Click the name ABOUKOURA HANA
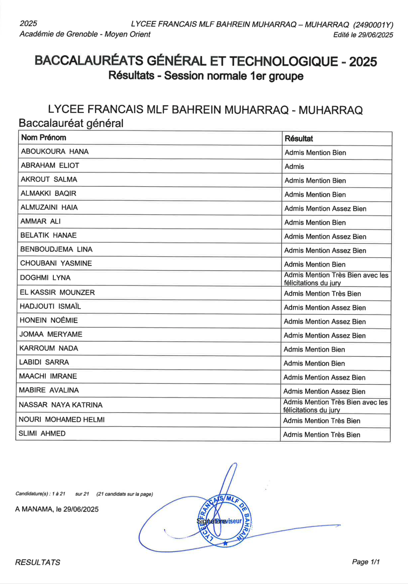pyautogui.click(x=55, y=152)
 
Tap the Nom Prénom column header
pyautogui.click(x=44, y=138)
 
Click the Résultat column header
pyautogui.click(x=298, y=139)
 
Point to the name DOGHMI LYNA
pyautogui.click(x=45, y=278)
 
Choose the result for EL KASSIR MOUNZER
pyautogui.click(x=322, y=294)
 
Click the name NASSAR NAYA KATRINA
pyautogui.click(x=61, y=405)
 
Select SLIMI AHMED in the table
pyautogui.click(x=42, y=434)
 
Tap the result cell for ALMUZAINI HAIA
pyautogui.click(x=325, y=209)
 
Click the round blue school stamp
pyautogui.click(x=225, y=521)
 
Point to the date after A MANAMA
pyautogui.click(x=81, y=509)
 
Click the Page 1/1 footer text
pyautogui.click(x=366, y=562)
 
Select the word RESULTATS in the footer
pyautogui.click(x=38, y=562)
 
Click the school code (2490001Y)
pyautogui.click(x=373, y=25)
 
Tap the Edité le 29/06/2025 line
pyautogui.click(x=363, y=35)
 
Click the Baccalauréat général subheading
pyautogui.click(x=71, y=123)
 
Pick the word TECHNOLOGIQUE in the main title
pyautogui.click(x=283, y=61)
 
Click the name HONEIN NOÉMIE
pyautogui.click(x=49, y=320)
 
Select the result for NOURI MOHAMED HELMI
pyautogui.click(x=322, y=421)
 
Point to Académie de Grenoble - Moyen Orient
pyautogui.click(x=85, y=34)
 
